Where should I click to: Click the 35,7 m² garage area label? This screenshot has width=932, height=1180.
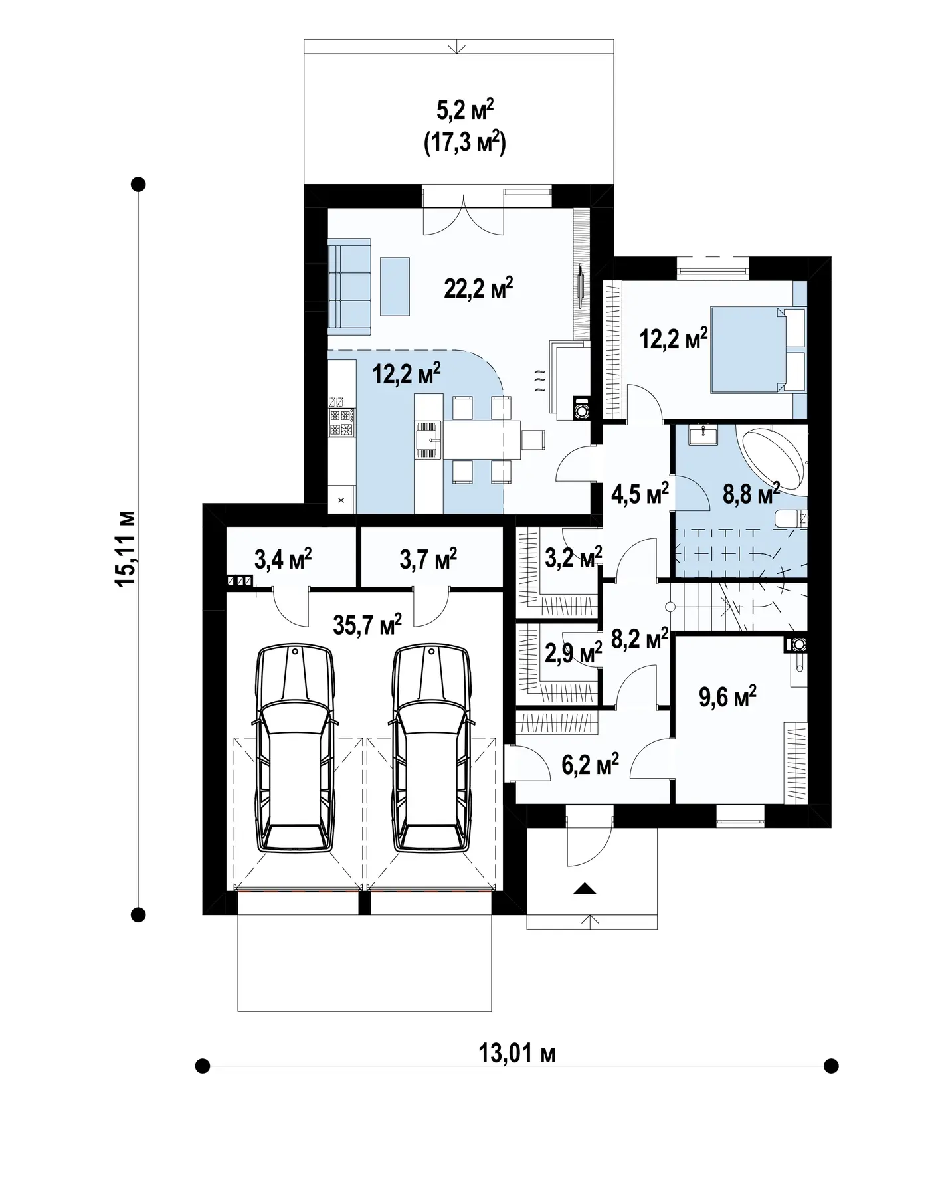pos(367,624)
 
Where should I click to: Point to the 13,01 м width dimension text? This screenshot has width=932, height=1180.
pos(517,1052)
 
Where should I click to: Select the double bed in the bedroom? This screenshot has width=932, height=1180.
pos(757,349)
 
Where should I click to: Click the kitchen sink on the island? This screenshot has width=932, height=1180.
pos(428,439)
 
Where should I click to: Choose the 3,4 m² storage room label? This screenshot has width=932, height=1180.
pos(283,559)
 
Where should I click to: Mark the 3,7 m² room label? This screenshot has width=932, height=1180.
pos(428,559)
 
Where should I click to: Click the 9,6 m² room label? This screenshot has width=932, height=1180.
pos(728,697)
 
